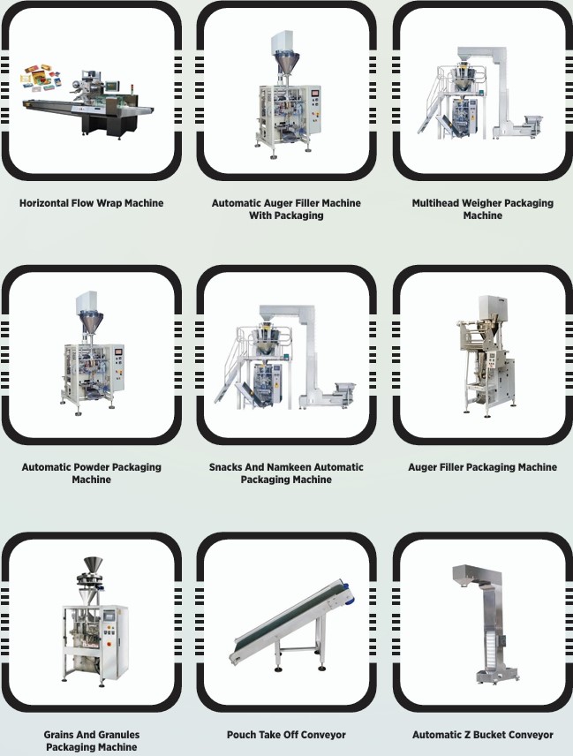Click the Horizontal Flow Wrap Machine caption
(x=91, y=203)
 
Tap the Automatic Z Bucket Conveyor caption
(x=482, y=735)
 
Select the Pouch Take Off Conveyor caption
(x=286, y=735)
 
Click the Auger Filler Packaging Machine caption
(x=482, y=467)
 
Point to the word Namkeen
(x=289, y=467)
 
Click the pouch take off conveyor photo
(x=292, y=625)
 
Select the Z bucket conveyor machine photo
(x=486, y=624)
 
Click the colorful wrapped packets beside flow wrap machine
(x=41, y=78)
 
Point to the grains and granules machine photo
(x=94, y=622)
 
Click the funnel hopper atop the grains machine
(x=93, y=564)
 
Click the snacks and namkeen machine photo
(x=286, y=357)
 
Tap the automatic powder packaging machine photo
(x=92, y=353)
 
